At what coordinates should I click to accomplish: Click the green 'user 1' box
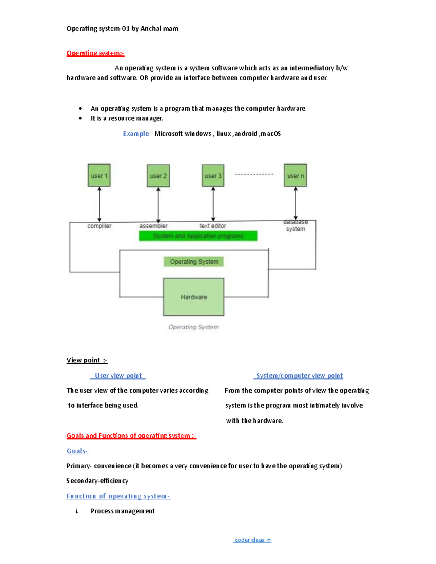[x=99, y=175]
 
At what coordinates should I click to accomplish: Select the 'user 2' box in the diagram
[x=158, y=176]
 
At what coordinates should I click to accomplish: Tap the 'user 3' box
[x=213, y=176]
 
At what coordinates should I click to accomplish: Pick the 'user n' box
[x=295, y=175]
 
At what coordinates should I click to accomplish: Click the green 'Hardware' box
[x=194, y=297]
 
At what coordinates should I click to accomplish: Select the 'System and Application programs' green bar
[x=198, y=236]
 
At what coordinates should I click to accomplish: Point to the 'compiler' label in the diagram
[x=99, y=226]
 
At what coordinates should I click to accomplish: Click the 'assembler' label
[x=153, y=226]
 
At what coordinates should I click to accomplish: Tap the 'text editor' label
[x=213, y=226]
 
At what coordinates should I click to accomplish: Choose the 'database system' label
[x=295, y=226]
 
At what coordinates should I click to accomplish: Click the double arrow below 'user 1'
[x=99, y=204]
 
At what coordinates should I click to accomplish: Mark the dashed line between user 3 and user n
[x=254, y=174]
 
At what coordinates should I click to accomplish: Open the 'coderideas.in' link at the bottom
[x=253, y=540]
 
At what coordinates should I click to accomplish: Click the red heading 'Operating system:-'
[x=95, y=53]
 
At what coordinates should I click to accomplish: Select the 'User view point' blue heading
[x=118, y=376]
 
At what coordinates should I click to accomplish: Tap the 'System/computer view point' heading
[x=299, y=376]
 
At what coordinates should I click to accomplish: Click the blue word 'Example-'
[x=136, y=134]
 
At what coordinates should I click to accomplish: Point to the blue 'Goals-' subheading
[x=77, y=451]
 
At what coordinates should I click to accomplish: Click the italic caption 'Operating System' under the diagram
[x=193, y=327]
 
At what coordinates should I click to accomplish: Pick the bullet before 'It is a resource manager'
[x=80, y=118]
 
